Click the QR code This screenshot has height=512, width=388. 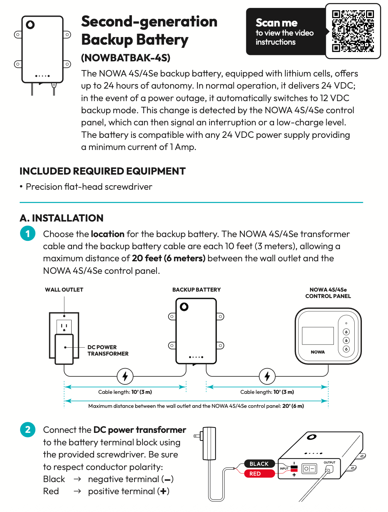353,31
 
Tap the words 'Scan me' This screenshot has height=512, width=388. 276,23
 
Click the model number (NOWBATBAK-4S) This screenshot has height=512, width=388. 125,58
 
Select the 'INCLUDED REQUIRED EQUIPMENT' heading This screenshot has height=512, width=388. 102,171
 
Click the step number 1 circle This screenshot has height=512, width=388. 28,234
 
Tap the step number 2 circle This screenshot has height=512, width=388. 28,429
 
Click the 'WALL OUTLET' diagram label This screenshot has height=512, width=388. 64,290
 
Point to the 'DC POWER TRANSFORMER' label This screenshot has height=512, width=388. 108,350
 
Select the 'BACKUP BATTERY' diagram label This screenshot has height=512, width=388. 196,290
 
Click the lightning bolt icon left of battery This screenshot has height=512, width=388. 125,376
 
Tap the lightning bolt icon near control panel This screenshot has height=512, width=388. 267,376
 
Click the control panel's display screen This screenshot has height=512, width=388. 318,335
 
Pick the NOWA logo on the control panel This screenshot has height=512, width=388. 318,352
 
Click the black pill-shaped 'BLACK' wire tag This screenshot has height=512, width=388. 259,464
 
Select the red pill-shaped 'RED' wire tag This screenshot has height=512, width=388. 255,474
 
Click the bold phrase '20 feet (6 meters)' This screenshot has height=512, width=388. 169,258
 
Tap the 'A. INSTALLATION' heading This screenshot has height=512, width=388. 61,218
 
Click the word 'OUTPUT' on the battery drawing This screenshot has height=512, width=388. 329,462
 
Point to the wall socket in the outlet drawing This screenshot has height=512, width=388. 64,326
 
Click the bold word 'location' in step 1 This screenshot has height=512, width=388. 108,234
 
